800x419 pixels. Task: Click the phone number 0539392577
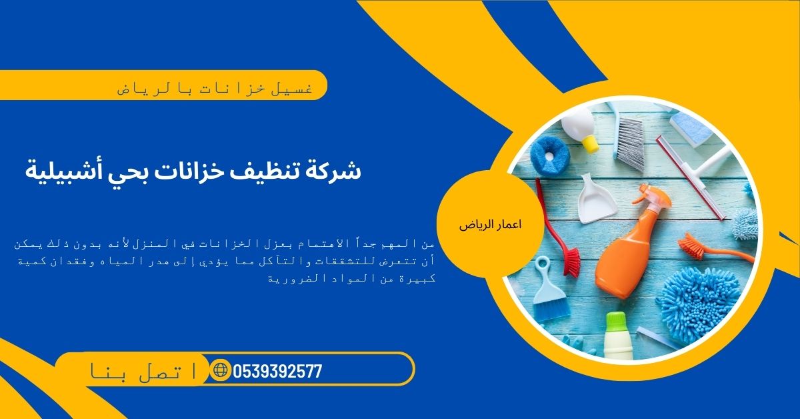(x=277, y=370)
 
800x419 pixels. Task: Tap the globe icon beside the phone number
(x=220, y=370)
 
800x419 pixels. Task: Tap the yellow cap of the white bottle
(x=591, y=143)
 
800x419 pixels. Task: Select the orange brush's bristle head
(x=693, y=246)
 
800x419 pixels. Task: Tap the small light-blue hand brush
(x=549, y=294)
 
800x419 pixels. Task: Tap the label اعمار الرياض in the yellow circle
(x=490, y=224)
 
